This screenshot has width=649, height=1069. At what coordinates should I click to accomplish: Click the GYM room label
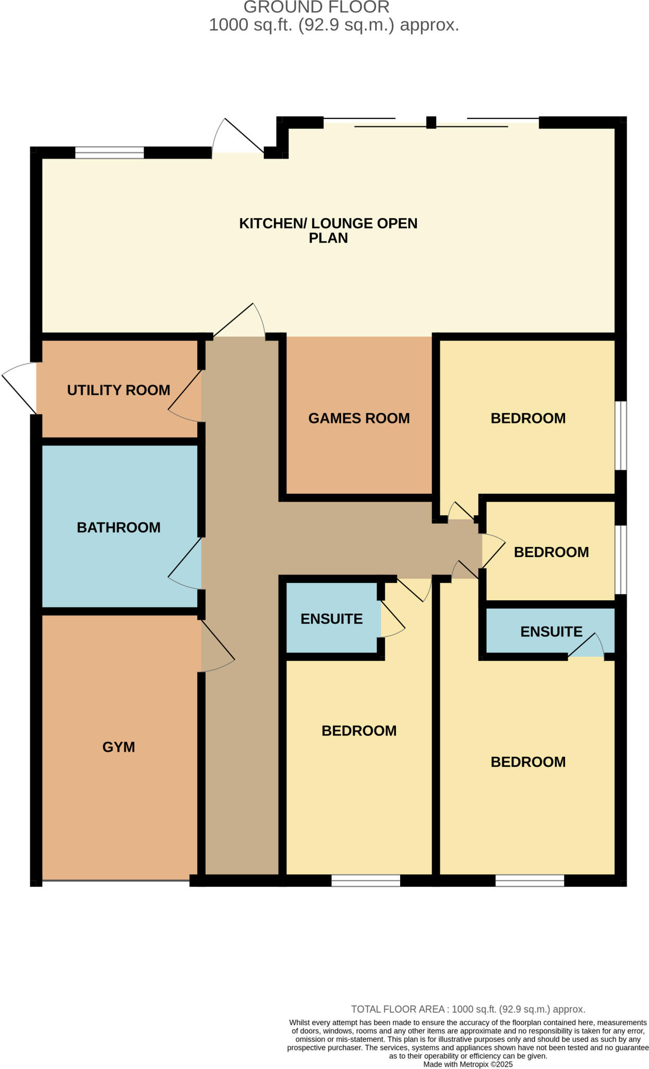(x=118, y=747)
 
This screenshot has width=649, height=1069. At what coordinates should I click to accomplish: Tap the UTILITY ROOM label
(x=118, y=390)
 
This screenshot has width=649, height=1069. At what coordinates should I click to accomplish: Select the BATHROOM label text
(x=118, y=527)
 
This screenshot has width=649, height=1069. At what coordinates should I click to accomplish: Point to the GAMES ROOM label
(x=359, y=418)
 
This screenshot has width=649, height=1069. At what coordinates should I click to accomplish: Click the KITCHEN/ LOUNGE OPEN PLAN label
(x=328, y=230)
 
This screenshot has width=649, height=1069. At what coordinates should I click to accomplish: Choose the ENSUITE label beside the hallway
(x=331, y=619)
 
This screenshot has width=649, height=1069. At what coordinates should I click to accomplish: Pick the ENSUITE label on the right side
(x=551, y=632)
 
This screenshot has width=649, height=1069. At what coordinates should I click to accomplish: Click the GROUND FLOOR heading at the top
(x=316, y=7)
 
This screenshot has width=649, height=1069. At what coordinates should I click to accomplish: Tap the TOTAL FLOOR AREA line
(x=468, y=1009)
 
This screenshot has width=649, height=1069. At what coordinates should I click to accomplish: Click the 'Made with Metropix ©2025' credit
(x=468, y=1064)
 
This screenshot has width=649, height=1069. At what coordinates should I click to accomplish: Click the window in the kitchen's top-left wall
(x=109, y=152)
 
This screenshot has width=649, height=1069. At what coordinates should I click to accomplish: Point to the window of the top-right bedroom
(x=620, y=435)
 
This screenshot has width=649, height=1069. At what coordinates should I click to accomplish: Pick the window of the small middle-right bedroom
(x=620, y=559)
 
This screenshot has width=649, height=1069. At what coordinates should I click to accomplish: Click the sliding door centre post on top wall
(x=431, y=122)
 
